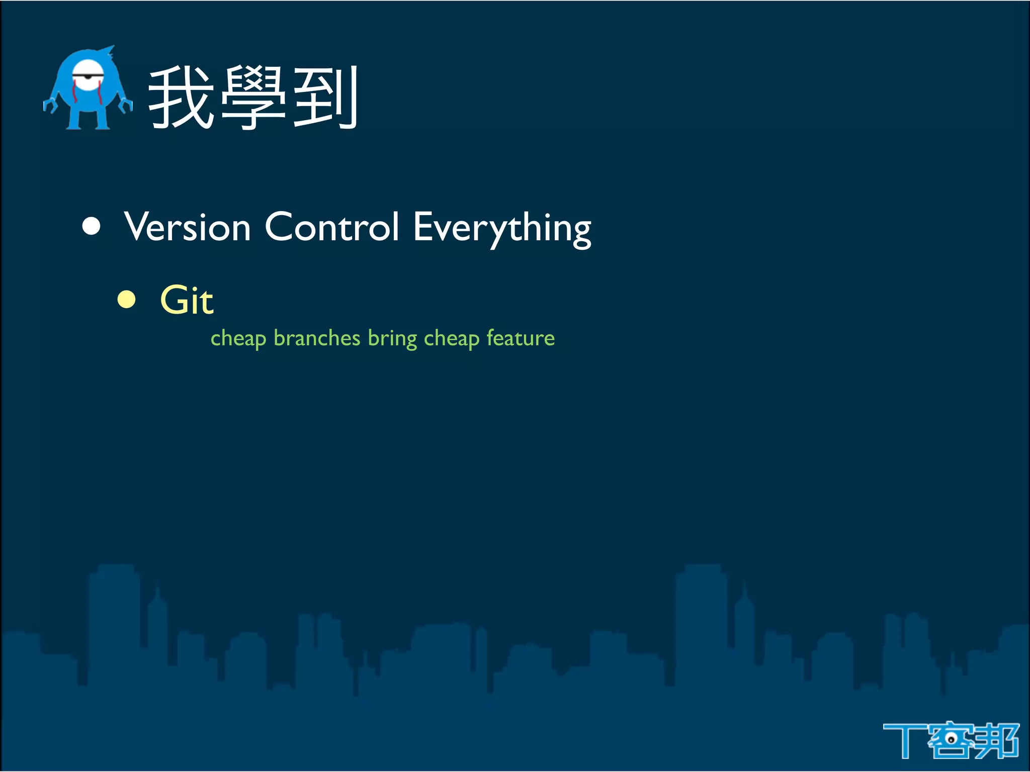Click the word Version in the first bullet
point(187,227)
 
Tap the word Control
point(332,227)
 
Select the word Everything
point(502,229)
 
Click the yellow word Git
point(187,300)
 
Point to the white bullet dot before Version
point(92,226)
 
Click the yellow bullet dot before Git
point(127,300)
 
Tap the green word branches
point(317,338)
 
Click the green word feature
point(521,338)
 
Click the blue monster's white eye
point(88,75)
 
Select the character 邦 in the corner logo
point(997,740)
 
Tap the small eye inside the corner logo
point(951,739)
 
